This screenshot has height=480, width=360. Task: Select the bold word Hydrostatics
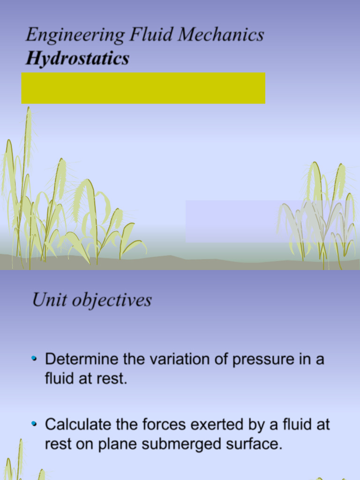pyautogui.click(x=77, y=59)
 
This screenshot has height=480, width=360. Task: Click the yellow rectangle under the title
pyautogui.click(x=143, y=88)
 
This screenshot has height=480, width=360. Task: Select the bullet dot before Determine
pyautogui.click(x=34, y=359)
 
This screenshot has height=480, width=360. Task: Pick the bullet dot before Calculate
pyautogui.click(x=34, y=424)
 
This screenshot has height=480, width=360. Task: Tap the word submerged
pyautogui.click(x=175, y=444)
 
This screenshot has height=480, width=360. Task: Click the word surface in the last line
pyautogui.click(x=255, y=444)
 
